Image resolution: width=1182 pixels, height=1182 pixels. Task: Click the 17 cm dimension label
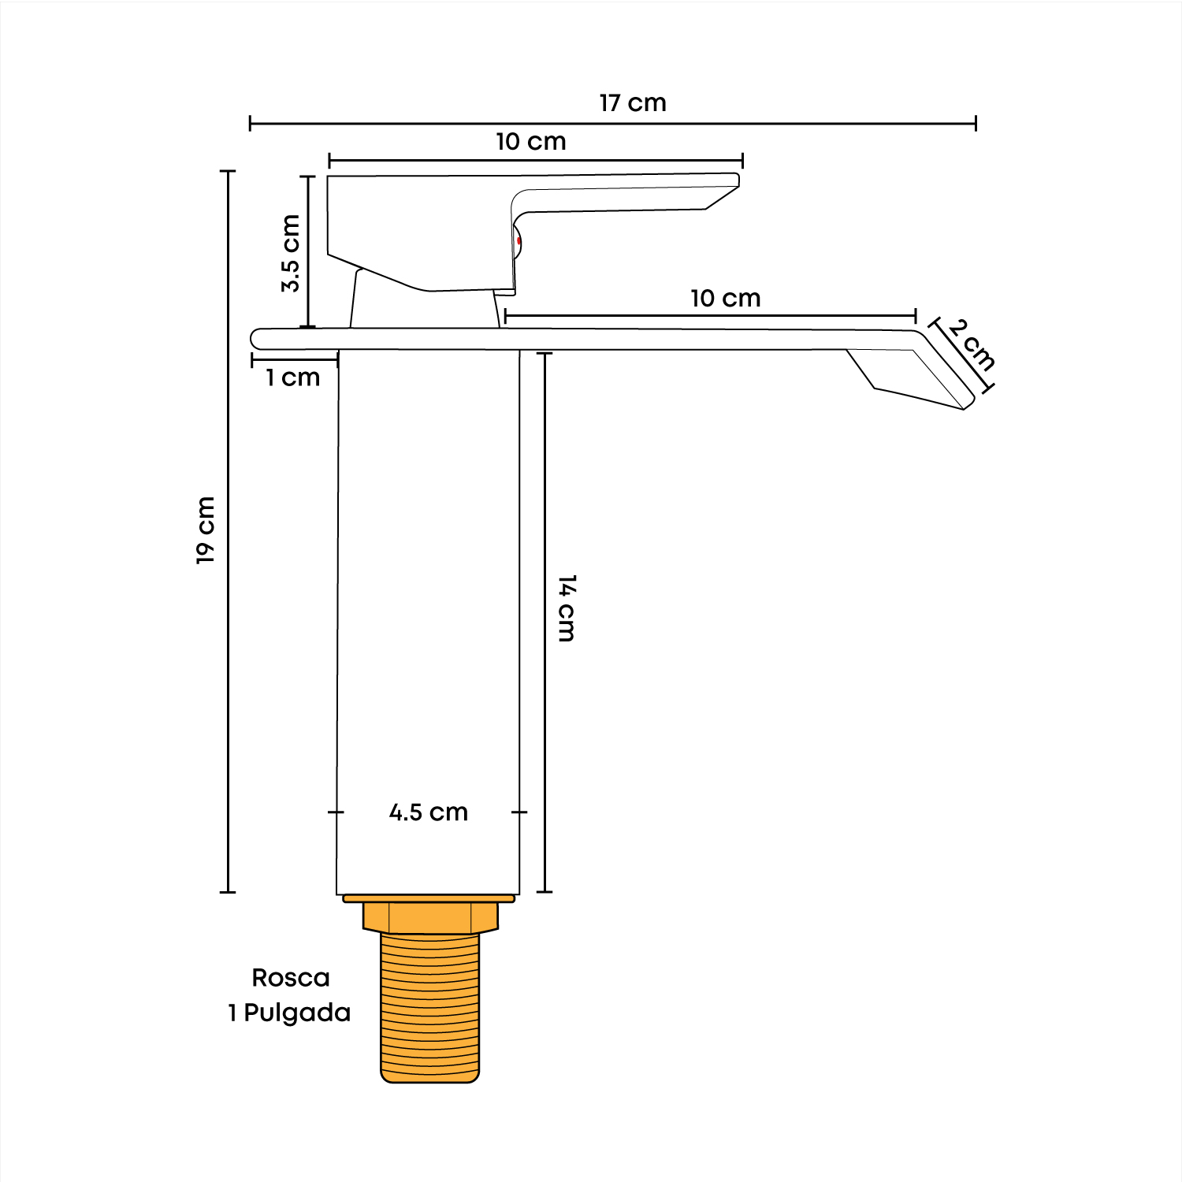633,103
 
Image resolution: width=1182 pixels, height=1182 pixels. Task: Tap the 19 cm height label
206,530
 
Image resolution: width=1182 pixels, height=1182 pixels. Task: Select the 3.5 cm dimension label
291,253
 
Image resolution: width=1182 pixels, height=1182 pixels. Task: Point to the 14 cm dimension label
567,608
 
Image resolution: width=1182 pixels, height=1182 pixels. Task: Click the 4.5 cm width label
429,812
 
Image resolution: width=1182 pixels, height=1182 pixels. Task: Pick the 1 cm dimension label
293,377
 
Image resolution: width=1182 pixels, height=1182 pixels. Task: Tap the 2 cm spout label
972,344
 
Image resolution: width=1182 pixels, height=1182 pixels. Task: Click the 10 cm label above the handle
531,142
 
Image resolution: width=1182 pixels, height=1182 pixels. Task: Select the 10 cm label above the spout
726,299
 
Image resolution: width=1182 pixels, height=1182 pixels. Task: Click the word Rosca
291,978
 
